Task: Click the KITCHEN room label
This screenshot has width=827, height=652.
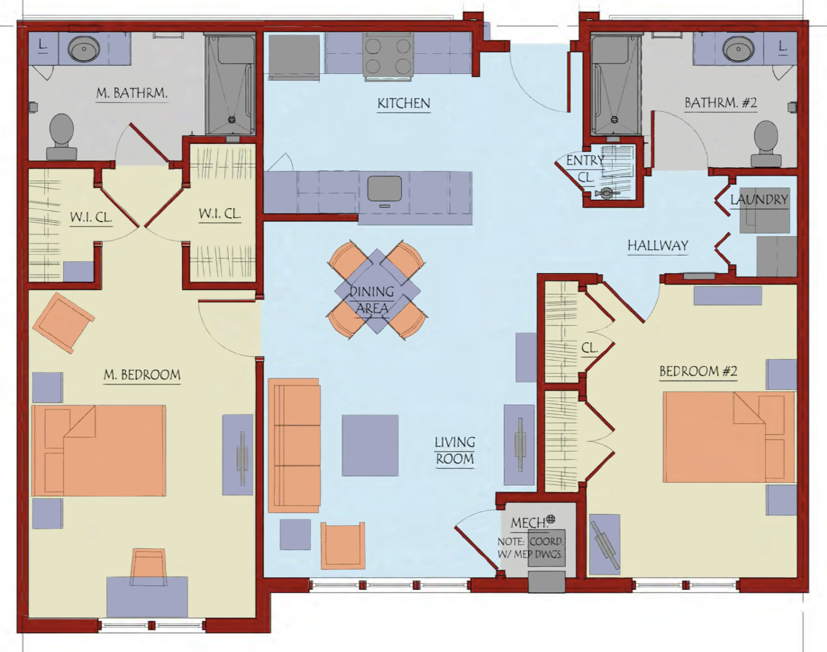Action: pos(404,104)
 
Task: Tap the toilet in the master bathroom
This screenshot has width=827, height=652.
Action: pos(62,137)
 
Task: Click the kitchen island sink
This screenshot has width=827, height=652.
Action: pos(385,188)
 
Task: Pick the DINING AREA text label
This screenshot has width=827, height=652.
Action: pos(372,300)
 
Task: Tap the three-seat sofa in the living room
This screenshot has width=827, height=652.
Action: pos(294,445)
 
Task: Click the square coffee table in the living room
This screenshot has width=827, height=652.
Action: pos(370,445)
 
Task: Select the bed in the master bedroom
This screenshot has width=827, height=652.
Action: pos(99,450)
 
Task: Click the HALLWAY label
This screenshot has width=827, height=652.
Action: pos(658,245)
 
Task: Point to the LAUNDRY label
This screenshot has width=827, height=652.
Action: pos(759,199)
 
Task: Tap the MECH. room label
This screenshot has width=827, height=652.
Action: pos(529,523)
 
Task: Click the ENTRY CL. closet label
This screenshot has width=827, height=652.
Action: pos(585,169)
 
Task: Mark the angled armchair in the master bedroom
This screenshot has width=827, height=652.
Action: pos(64,323)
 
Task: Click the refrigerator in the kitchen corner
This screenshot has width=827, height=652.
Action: pos(294,57)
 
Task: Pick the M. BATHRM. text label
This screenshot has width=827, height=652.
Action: pos(132,93)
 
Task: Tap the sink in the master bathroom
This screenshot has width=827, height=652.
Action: pos(84,49)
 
